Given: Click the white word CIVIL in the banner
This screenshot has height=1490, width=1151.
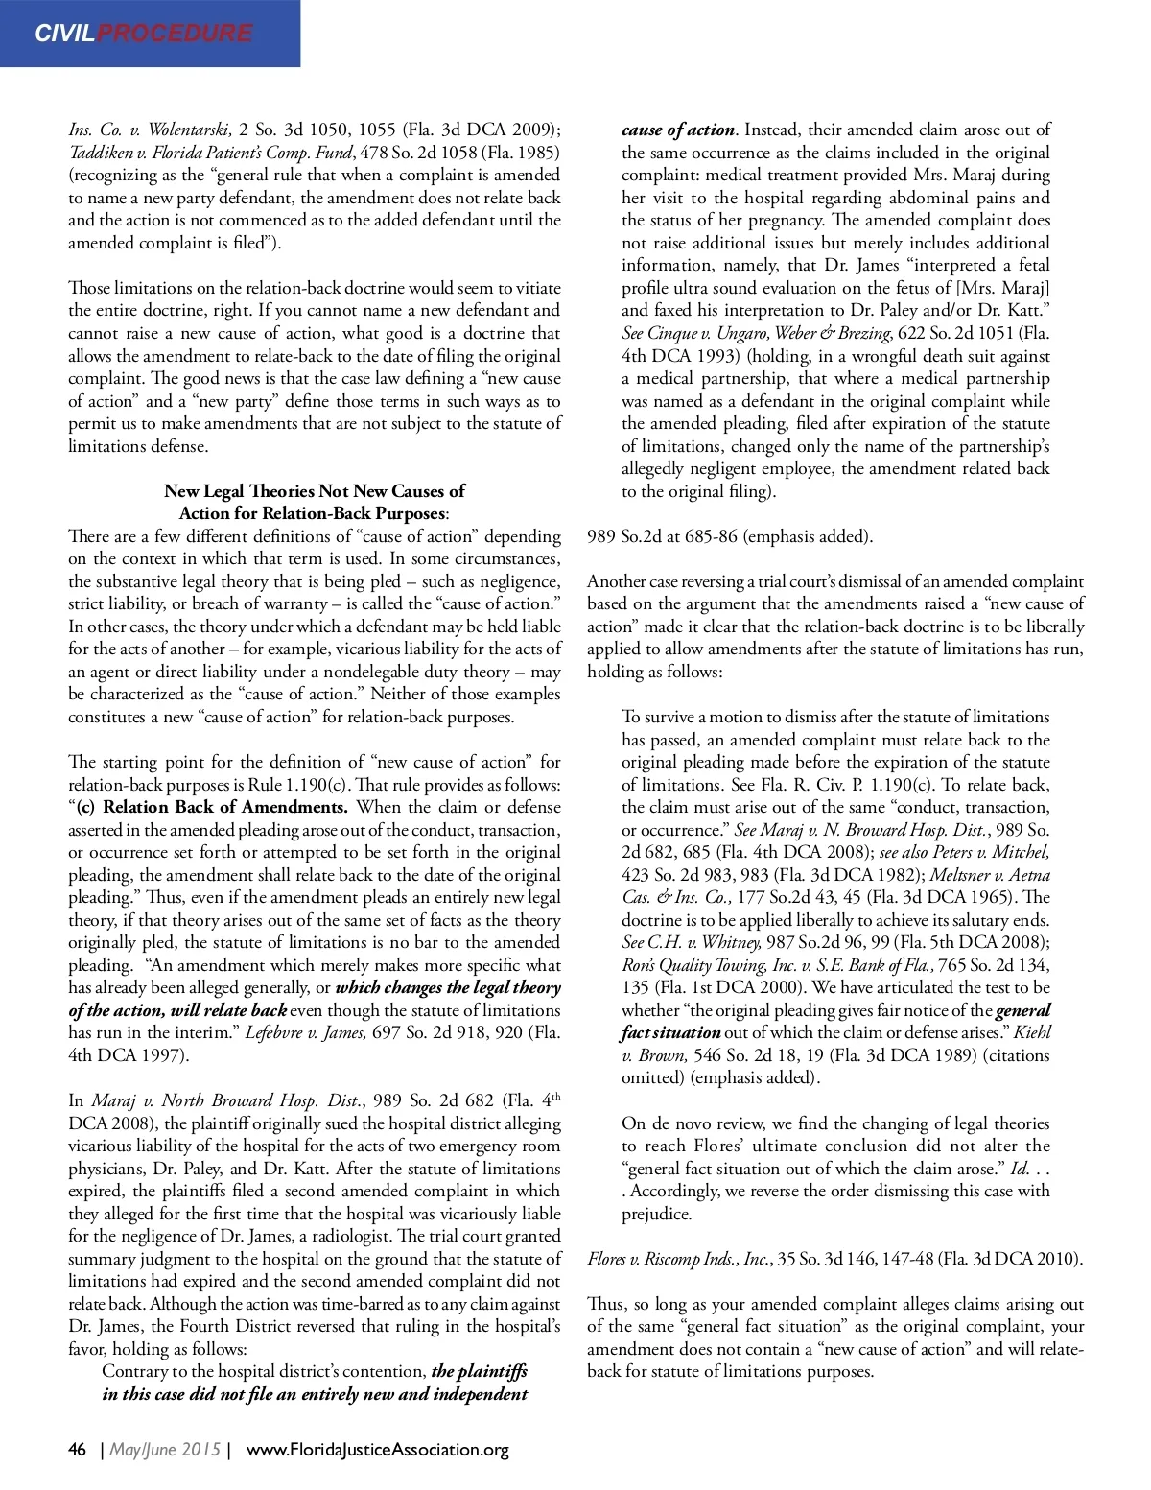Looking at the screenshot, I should coord(65,34).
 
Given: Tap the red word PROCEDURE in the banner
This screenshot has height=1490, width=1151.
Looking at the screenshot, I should coord(175,34).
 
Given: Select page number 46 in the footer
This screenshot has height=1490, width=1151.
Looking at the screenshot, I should coord(78,1449).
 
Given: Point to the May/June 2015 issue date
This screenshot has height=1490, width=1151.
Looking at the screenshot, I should coord(165,1449).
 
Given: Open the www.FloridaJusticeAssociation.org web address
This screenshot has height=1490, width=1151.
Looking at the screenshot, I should coord(378,1449).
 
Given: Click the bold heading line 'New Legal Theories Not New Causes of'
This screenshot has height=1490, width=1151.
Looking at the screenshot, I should coord(315,491).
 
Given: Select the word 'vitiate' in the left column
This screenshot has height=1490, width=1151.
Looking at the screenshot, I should coord(536,288).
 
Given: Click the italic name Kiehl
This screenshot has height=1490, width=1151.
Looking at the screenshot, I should coord(1032,1032).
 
